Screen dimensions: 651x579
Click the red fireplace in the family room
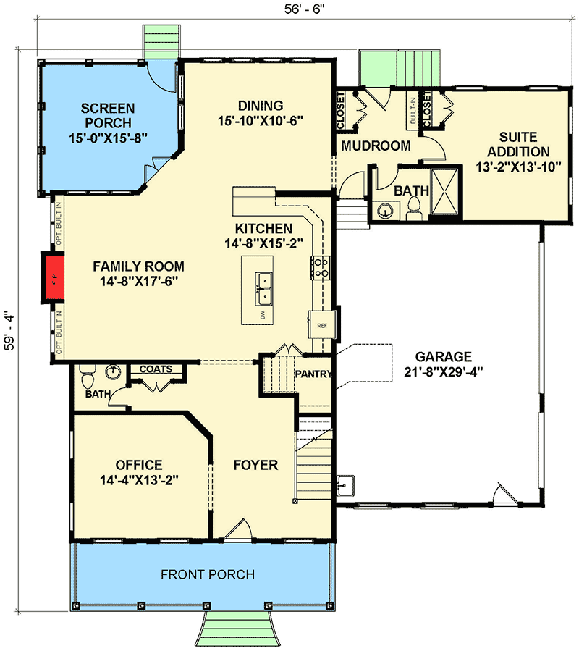point(51,277)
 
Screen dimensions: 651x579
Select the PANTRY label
point(314,374)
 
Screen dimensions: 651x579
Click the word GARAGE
point(443,356)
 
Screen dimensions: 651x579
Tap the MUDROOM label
point(376,146)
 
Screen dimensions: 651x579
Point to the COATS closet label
point(156,369)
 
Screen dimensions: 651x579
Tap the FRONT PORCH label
point(207,574)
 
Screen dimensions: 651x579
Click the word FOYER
point(255,464)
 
